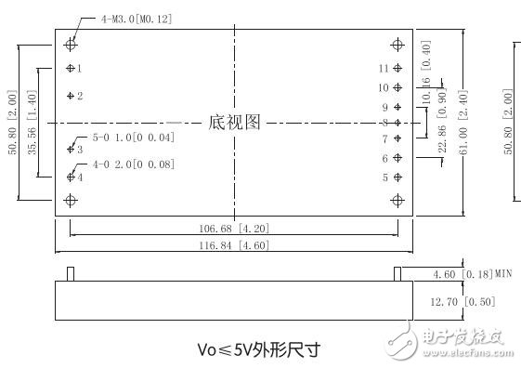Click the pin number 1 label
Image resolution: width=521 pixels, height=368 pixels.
80,68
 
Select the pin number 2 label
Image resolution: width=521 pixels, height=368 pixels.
80,96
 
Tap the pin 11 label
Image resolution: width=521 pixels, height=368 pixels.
383,68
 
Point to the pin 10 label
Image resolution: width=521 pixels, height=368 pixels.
383,87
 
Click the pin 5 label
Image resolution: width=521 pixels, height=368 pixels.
384,177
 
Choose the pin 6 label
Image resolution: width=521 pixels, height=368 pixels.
384,158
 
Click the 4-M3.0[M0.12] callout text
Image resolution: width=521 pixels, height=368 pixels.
136,19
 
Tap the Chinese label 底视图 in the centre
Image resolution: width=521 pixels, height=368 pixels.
234,122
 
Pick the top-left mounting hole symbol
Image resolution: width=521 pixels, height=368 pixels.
71,44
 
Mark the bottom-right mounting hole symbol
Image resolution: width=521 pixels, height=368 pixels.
397,200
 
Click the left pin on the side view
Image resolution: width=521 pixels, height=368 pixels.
71,274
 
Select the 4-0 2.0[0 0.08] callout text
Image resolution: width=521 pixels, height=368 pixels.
128,164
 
